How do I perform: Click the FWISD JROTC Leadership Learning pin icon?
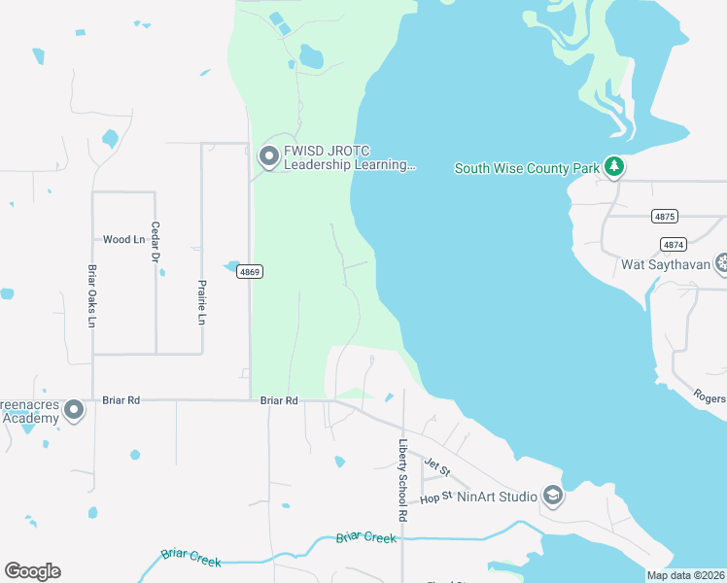(x=268, y=155)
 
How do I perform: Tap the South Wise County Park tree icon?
(x=613, y=168)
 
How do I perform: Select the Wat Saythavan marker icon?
(x=722, y=263)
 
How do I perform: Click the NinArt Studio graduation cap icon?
(x=553, y=497)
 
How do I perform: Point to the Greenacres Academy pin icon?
(x=74, y=411)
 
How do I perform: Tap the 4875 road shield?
(x=665, y=216)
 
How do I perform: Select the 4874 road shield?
(x=672, y=244)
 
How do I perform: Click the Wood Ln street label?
(x=123, y=239)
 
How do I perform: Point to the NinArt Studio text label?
(x=499, y=497)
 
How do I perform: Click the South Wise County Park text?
(x=527, y=169)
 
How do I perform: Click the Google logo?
(x=32, y=571)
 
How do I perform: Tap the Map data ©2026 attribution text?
(x=686, y=575)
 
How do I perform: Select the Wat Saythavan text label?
(x=666, y=264)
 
